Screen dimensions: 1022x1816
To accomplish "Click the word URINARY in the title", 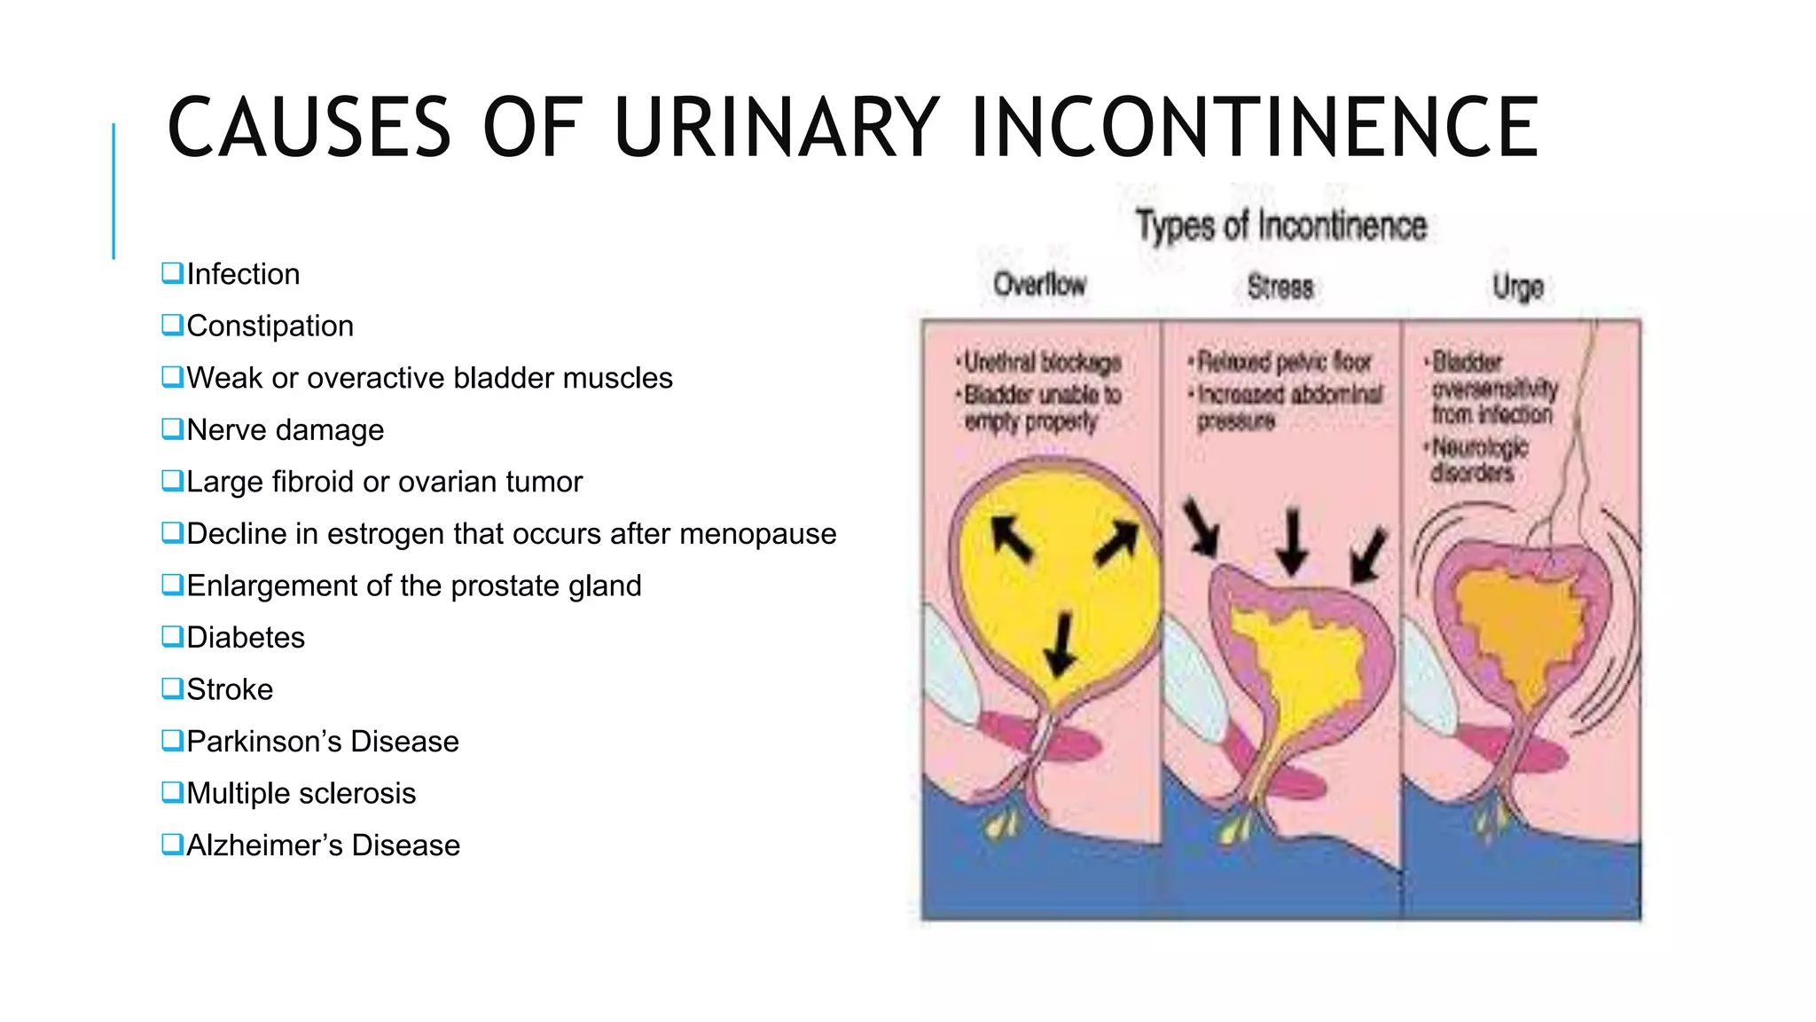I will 776,128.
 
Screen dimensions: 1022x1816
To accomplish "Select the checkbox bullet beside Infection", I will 172,272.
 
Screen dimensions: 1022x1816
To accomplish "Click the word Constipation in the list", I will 270,326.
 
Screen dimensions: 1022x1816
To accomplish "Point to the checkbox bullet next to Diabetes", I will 172,636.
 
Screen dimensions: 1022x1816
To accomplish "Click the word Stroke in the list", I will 230,689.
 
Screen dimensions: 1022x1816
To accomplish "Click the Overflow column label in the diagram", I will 1039,285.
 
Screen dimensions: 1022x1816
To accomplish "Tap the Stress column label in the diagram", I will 1280,287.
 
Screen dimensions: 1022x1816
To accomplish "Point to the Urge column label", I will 1518,287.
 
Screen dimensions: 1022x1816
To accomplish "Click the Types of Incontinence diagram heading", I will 1281,225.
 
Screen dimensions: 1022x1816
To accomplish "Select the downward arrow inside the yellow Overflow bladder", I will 1060,645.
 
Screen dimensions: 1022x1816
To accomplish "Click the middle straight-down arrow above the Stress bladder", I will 1293,540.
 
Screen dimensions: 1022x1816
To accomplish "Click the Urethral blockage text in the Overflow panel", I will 1042,363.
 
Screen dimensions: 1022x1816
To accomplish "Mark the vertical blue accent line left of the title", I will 113,191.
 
